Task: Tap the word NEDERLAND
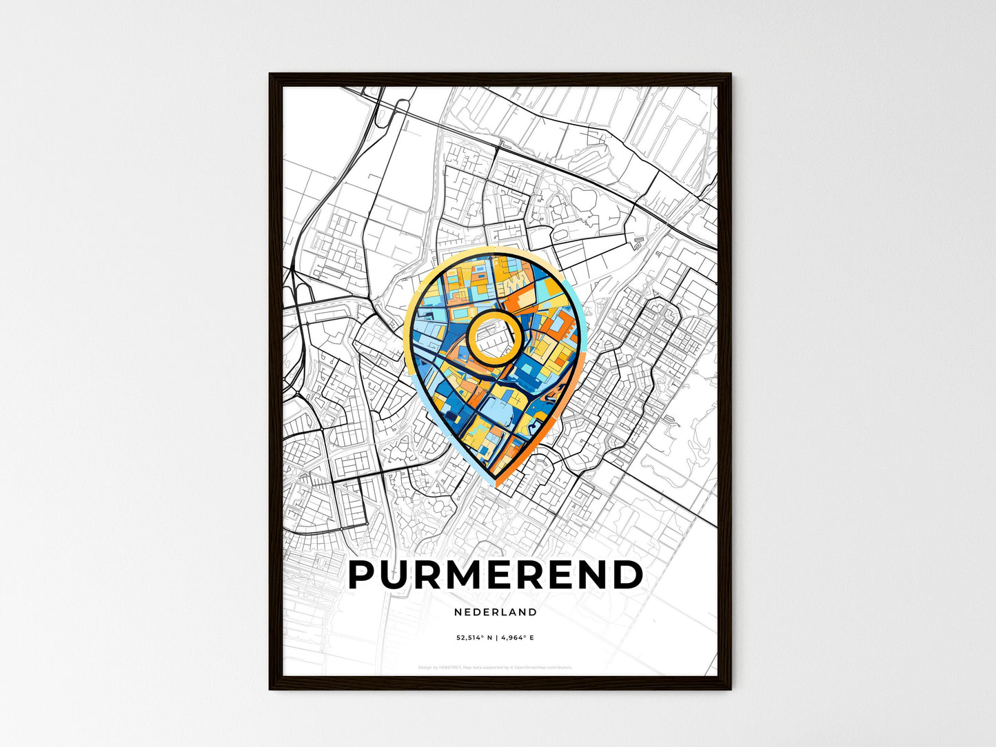pyautogui.click(x=496, y=612)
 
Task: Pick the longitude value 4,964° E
pyautogui.click(x=517, y=638)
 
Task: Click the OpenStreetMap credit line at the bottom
pyautogui.click(x=495, y=668)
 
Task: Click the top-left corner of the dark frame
pyautogui.click(x=270, y=74)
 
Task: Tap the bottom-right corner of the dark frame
pyautogui.click(x=730, y=688)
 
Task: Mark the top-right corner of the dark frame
pyautogui.click(x=730, y=74)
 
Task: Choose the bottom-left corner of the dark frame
pyautogui.click(x=270, y=688)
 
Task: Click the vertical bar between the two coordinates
pyautogui.click(x=496, y=638)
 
